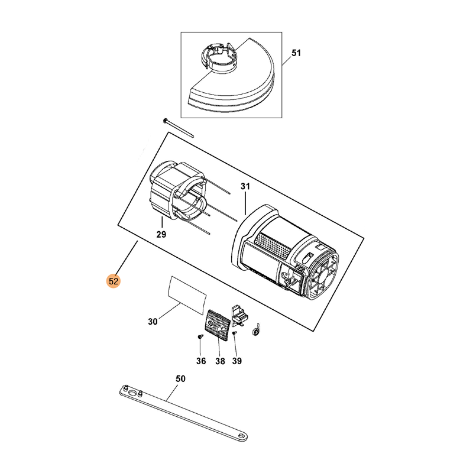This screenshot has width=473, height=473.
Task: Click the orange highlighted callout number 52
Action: point(114,281)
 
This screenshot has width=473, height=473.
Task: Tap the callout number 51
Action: point(296,53)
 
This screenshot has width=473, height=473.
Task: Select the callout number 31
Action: point(245,186)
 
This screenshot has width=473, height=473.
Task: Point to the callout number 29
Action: point(161,234)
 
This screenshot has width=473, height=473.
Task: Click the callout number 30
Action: point(153,322)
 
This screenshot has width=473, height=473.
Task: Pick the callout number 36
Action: point(201,361)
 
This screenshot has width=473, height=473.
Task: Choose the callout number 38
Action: point(220,361)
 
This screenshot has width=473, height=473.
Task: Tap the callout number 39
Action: point(237,361)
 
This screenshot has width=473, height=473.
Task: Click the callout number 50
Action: point(180,378)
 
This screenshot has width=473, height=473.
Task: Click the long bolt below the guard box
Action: point(179,128)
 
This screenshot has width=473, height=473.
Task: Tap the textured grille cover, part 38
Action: point(218,325)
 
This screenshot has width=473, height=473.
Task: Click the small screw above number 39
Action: point(235,333)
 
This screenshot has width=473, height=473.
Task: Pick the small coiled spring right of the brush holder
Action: point(256,330)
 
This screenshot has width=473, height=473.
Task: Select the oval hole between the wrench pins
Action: point(132,393)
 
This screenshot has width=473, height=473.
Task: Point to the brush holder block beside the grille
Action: point(240,315)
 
